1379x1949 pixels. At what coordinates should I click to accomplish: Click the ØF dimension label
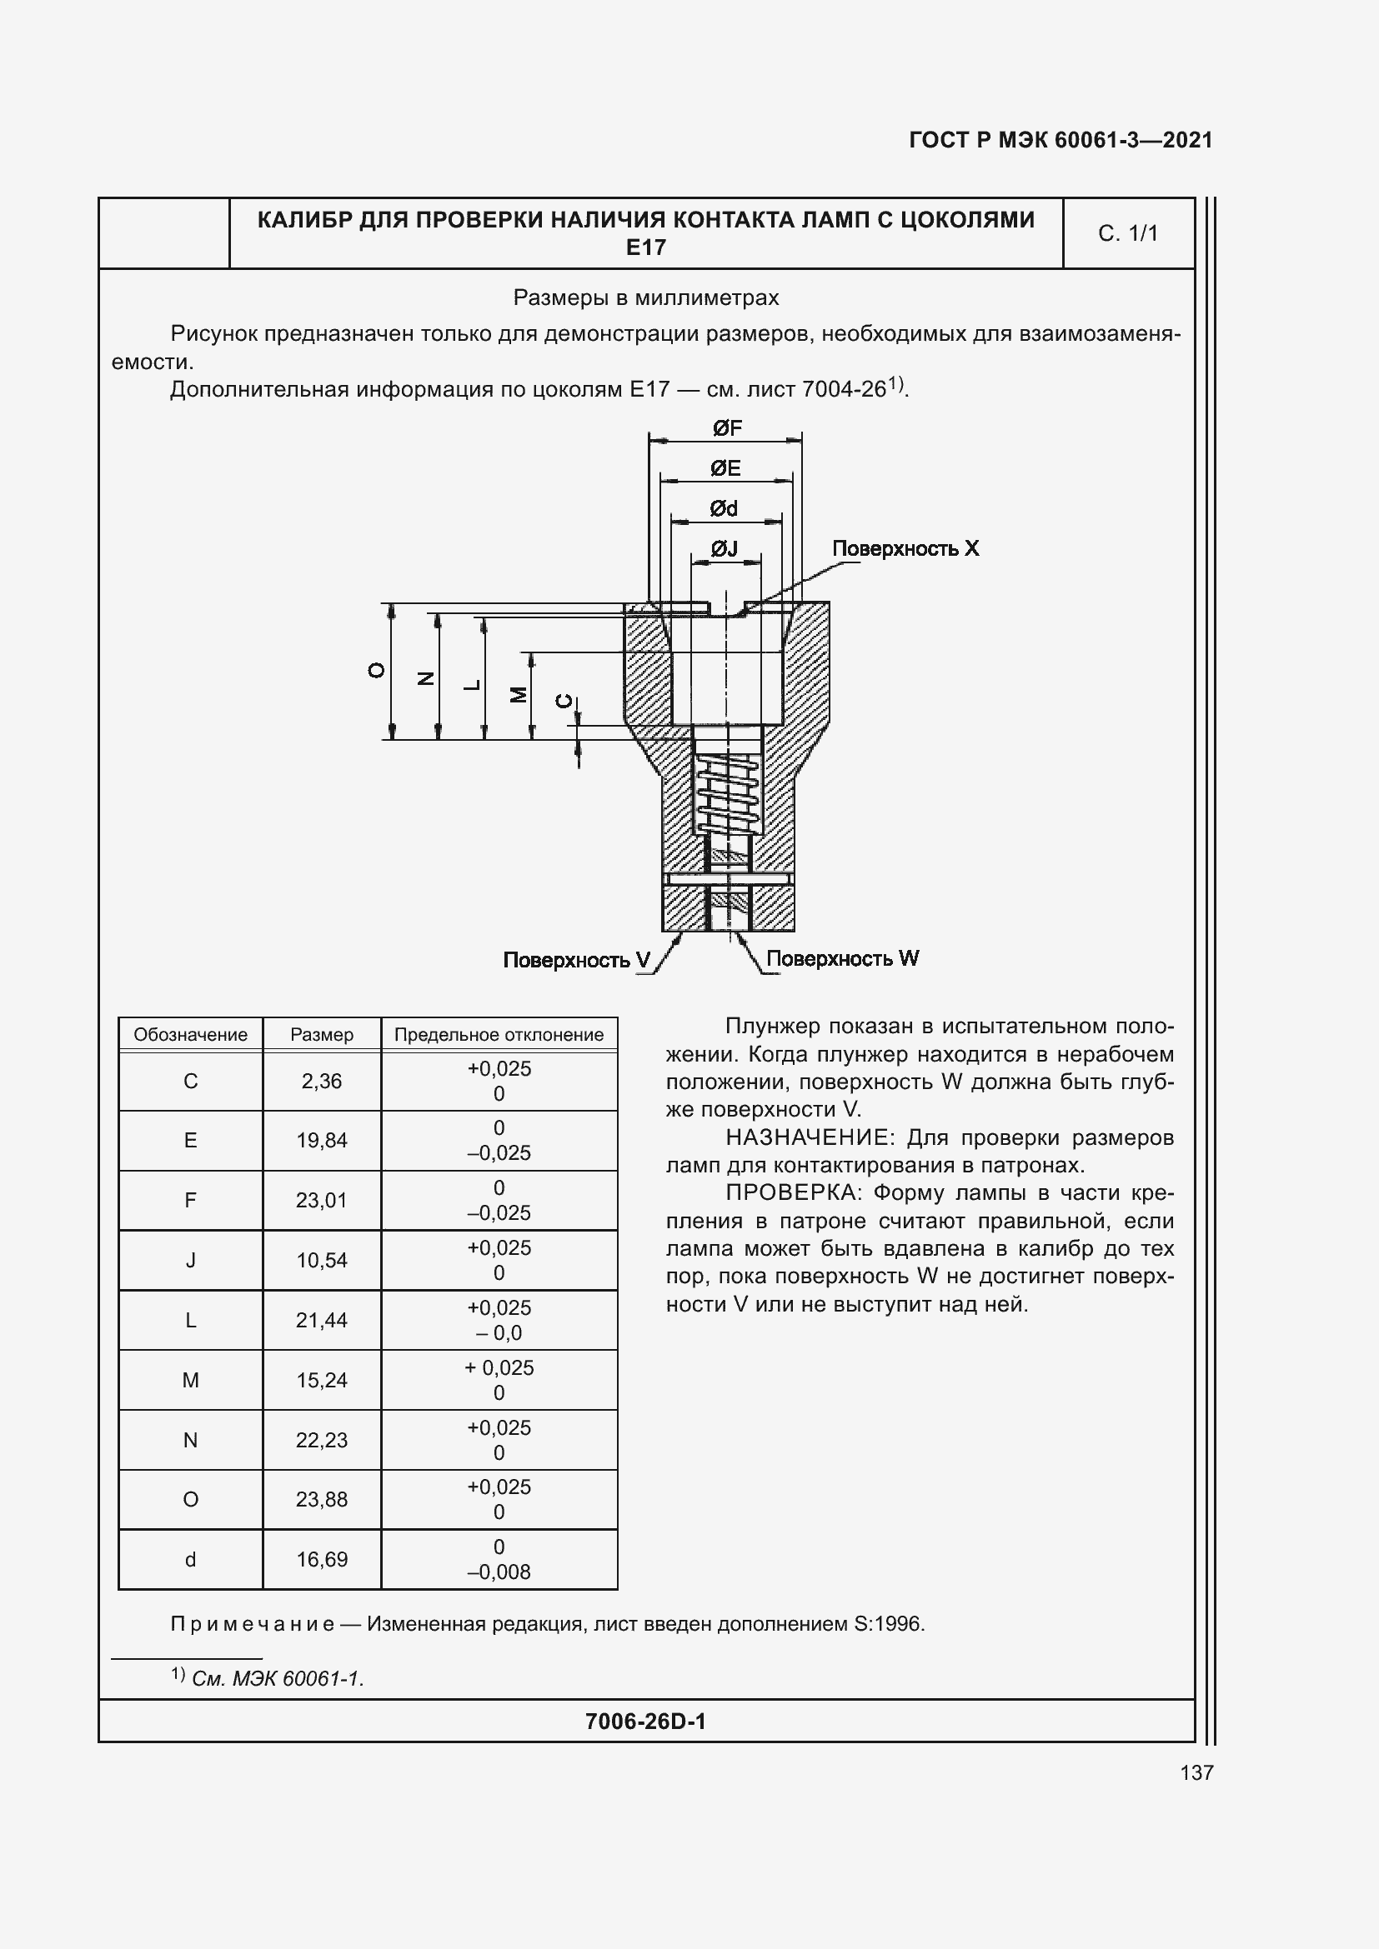click(727, 427)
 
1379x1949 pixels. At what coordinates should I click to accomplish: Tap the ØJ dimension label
click(724, 549)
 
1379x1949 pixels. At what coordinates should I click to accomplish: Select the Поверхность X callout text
click(905, 548)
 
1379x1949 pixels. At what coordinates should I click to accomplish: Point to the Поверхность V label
click(576, 960)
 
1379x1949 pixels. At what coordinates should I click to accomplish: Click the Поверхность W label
click(841, 958)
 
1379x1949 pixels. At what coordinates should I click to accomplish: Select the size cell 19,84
click(322, 1140)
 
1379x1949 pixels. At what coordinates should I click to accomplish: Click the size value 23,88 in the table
click(322, 1499)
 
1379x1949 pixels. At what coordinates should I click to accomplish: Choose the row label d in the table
click(190, 1559)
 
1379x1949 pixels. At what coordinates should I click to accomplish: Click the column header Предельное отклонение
click(499, 1035)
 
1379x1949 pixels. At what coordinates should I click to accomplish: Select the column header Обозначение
click(190, 1035)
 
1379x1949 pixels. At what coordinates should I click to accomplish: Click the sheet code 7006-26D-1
click(645, 1722)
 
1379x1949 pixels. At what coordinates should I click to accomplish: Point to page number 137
click(1196, 1772)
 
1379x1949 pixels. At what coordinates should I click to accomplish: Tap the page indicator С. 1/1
click(1128, 233)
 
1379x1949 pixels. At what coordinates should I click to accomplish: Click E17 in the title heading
click(645, 247)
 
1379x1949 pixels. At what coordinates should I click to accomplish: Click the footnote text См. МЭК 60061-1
click(278, 1678)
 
